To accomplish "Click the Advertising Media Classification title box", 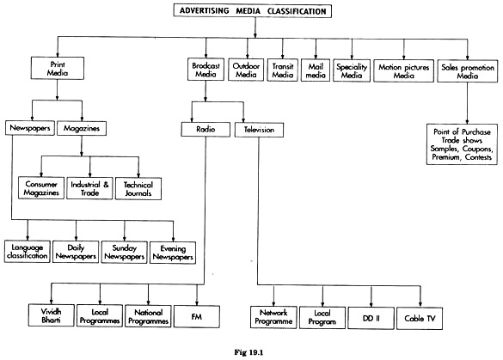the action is click(253, 10).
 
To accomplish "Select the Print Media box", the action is click(58, 68).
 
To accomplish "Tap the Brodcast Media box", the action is click(205, 70).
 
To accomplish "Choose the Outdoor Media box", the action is click(246, 70).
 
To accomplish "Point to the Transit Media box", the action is click(283, 70).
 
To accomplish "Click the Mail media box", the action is click(316, 70).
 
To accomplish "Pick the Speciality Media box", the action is click(352, 70).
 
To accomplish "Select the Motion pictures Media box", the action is click(404, 70).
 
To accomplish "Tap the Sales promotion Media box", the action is click(468, 71).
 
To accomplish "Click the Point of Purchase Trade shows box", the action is click(462, 144).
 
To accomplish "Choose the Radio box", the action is click(205, 130).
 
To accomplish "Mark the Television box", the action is click(259, 130).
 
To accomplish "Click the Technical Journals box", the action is click(138, 189).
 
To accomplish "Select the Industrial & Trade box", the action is click(89, 188).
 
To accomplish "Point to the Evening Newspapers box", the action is click(173, 253).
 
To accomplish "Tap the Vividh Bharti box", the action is click(52, 315).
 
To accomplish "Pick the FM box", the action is click(197, 316).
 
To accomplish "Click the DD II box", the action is click(371, 318).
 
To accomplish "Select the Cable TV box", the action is click(420, 318).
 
